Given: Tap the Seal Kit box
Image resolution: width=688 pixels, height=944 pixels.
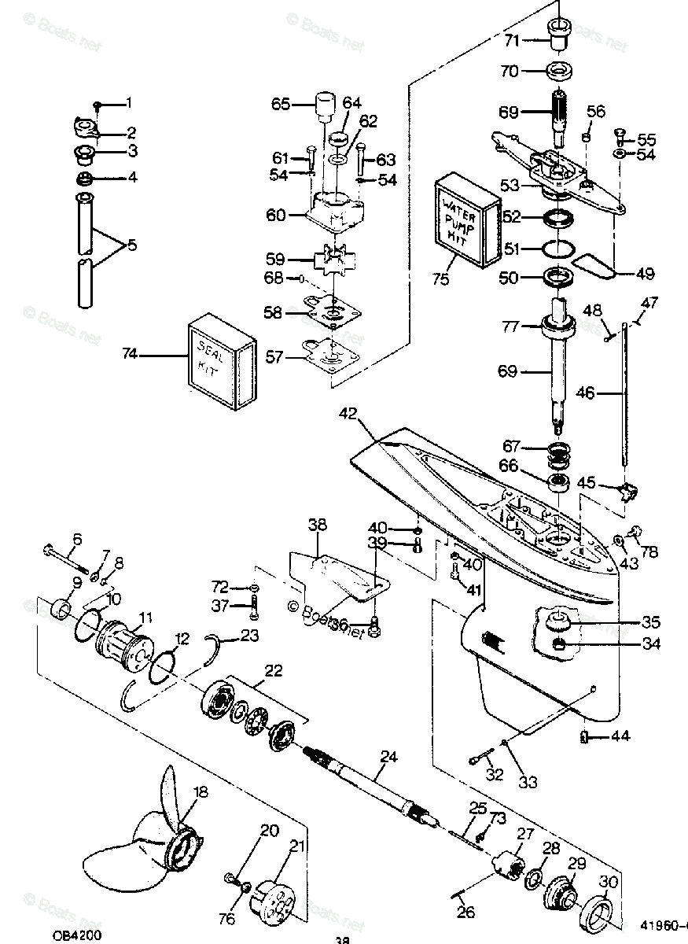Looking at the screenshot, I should coord(221,363).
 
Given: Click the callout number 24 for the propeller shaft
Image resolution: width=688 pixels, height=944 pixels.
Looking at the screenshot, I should coord(388,758).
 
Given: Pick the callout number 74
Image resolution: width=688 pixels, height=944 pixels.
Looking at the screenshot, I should coord(129,355).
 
